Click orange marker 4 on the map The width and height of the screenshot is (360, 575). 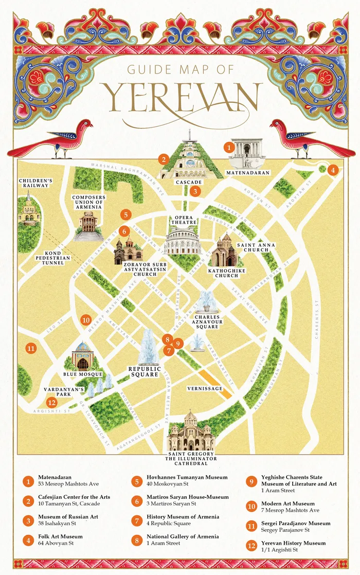pos(333,170)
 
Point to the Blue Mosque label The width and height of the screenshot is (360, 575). pos(83,374)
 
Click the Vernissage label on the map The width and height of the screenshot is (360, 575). pos(204,388)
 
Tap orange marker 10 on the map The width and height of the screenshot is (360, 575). pos(86,319)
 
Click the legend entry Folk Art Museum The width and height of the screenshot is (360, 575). pos(60,536)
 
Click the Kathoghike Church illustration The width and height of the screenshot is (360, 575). pos(223,251)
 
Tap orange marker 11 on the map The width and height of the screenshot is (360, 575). pos(31,348)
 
